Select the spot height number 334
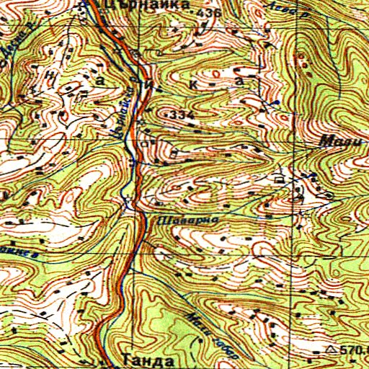point(183,115)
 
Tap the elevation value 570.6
point(355,350)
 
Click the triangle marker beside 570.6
point(331,350)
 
